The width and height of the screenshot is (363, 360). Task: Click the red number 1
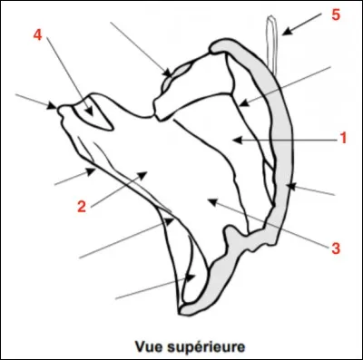pyautogui.click(x=344, y=139)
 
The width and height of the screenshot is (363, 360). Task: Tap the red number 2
pyautogui.click(x=82, y=207)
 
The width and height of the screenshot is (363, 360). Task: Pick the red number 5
pyautogui.click(x=335, y=15)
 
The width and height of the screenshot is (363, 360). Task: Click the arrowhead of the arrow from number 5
pyautogui.click(x=282, y=34)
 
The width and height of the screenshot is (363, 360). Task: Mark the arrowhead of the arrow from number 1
pyautogui.click(x=233, y=139)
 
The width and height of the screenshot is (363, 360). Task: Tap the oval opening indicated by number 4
pyautogui.click(x=94, y=112)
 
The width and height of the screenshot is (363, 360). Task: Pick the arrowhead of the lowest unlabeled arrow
pyautogui.click(x=193, y=277)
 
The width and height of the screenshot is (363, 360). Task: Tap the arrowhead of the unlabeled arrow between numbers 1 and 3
pyautogui.click(x=289, y=186)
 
